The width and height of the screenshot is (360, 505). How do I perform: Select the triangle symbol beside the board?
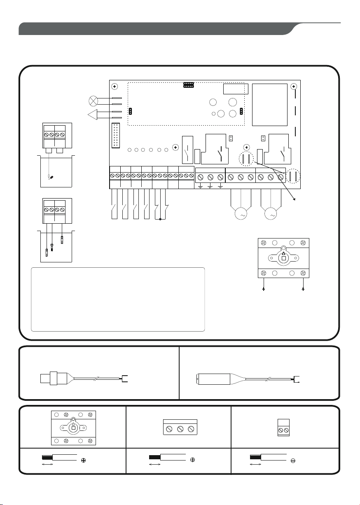(94, 115)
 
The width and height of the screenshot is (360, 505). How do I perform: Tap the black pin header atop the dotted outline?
(188, 85)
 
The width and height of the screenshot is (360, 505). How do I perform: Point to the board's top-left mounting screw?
(115, 87)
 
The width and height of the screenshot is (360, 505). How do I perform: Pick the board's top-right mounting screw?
(293, 87)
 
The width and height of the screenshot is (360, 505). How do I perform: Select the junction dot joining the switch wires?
(160, 220)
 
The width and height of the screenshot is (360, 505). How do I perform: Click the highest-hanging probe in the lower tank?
(62, 238)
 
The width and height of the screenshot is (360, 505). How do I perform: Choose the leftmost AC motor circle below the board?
(241, 214)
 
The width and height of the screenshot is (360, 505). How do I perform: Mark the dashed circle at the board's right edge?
(294, 176)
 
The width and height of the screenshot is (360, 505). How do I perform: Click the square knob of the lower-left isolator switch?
(73, 428)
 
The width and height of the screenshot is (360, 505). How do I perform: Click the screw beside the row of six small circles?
(175, 147)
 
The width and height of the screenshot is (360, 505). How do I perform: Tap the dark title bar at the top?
(157, 29)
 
